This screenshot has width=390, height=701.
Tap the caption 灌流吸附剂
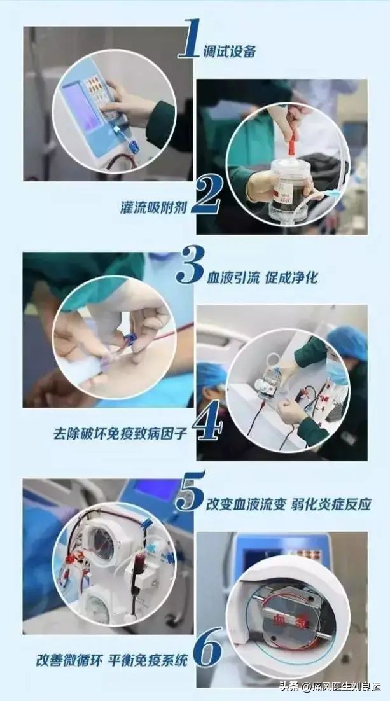153,207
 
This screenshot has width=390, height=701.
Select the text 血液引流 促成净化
261,278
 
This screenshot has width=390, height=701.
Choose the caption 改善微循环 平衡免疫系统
112,660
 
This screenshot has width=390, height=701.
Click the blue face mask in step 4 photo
337,371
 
